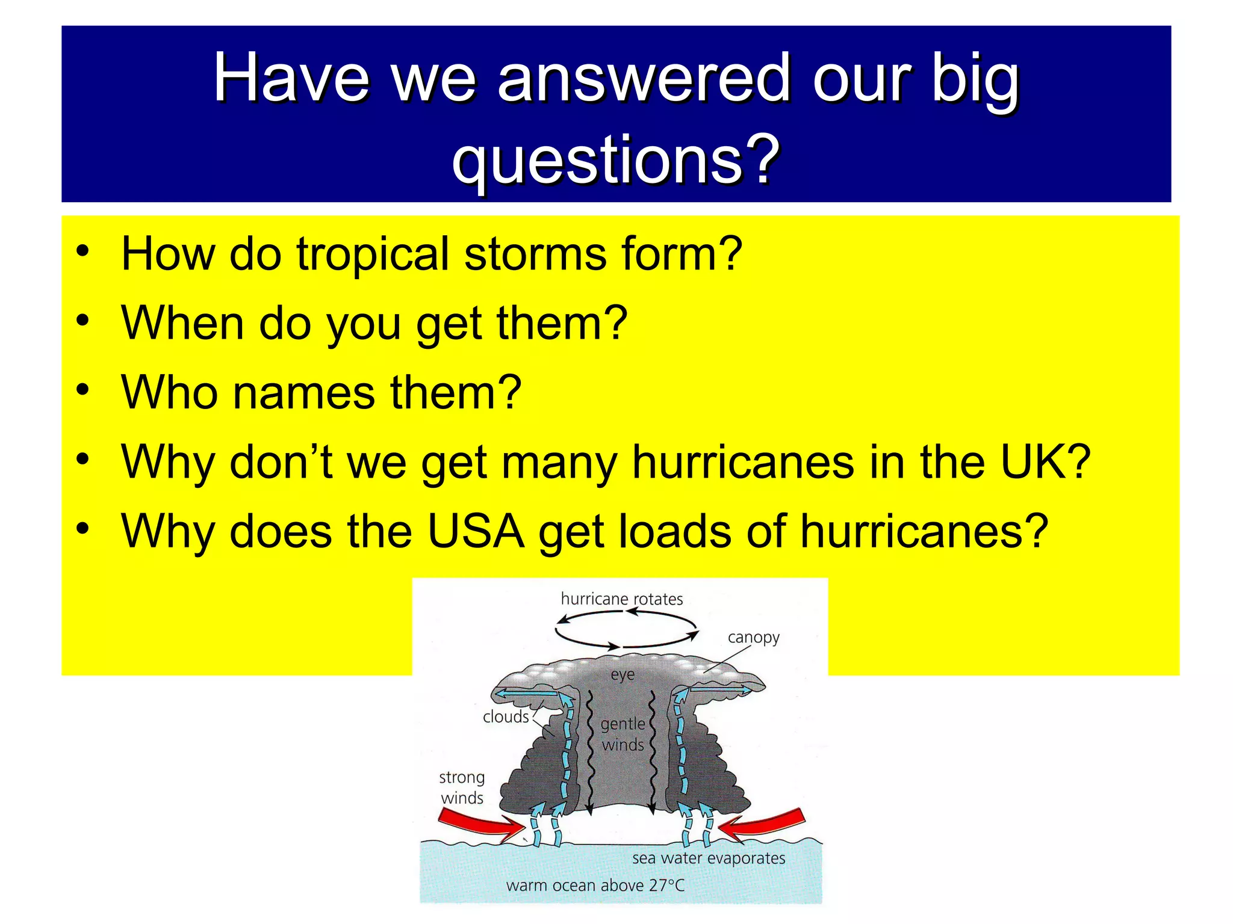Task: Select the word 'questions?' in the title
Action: click(x=615, y=159)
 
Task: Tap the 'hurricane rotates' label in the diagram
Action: click(x=621, y=599)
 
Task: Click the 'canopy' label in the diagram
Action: click(x=753, y=637)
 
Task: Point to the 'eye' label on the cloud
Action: click(x=623, y=674)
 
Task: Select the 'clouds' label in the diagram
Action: click(x=506, y=716)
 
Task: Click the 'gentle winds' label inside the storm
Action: click(x=623, y=734)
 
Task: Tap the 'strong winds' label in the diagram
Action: click(x=462, y=787)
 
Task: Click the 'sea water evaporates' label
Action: click(x=708, y=858)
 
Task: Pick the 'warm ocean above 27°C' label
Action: click(x=595, y=885)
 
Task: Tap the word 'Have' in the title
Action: click(x=291, y=78)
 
